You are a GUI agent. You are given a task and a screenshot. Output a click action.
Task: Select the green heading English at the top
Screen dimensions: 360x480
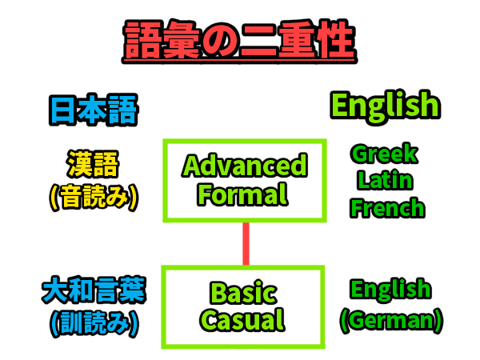(385, 105)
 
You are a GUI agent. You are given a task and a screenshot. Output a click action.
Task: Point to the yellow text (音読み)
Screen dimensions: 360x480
(94, 196)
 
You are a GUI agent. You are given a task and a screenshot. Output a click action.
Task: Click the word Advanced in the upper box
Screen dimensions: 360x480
(244, 166)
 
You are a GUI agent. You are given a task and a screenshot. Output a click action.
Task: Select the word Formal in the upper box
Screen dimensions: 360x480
(244, 194)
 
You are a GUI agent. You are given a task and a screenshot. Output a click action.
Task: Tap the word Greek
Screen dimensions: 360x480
(385, 153)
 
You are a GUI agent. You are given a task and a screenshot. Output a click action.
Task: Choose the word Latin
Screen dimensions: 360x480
(385, 180)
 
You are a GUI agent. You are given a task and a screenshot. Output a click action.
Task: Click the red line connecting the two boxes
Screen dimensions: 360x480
(245, 244)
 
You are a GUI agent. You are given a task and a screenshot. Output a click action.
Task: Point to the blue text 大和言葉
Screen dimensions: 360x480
(94, 290)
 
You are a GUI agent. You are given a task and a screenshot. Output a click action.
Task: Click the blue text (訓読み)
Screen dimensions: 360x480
(94, 322)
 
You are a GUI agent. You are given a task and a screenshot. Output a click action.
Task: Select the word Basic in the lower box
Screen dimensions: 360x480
(243, 292)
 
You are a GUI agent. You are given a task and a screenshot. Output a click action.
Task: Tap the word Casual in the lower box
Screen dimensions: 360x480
(243, 321)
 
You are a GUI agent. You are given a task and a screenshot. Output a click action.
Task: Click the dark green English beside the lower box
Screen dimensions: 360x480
(390, 289)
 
